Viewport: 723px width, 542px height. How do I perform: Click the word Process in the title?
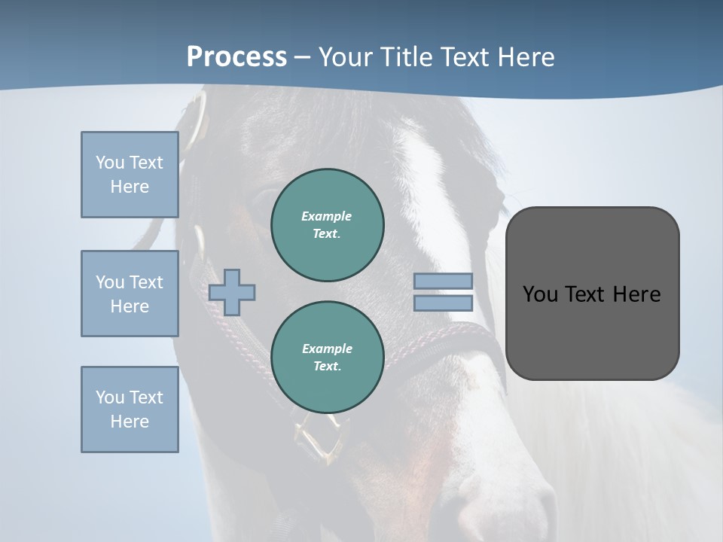pos(236,56)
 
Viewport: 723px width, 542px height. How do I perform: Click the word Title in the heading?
pos(407,57)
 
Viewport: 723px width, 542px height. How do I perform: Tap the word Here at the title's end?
pos(524,57)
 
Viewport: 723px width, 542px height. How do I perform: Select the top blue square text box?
pos(130,175)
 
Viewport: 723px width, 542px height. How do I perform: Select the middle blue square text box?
pos(130,294)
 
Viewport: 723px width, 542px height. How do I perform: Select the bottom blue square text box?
pos(130,410)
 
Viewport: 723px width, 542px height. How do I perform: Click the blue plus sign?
pos(232,292)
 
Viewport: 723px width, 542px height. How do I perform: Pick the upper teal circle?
pos(327,224)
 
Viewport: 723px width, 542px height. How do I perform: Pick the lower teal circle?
pos(327,357)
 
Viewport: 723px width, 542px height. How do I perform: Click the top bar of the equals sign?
pos(443,281)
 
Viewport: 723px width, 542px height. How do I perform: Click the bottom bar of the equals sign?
pos(443,303)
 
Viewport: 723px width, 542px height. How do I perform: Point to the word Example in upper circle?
pos(326,216)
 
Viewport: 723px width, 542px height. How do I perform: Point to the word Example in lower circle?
pos(326,349)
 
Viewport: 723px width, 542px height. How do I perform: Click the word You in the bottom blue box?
pos(110,397)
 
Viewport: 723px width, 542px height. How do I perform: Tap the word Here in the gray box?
pos(636,294)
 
